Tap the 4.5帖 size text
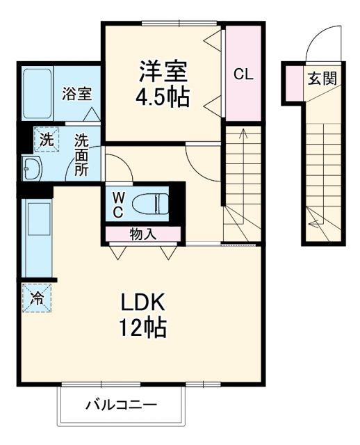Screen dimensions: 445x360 163,97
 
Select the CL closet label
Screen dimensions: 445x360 243,74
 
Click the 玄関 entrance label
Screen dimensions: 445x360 322,78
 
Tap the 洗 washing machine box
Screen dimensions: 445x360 45,138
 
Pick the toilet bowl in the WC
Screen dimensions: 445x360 154,203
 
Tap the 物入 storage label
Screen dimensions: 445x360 142,234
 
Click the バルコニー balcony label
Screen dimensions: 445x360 122,404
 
